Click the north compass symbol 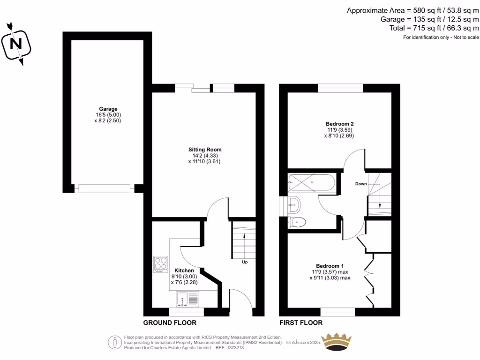17,43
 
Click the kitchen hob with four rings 160,264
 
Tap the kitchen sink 187,299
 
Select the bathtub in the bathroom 312,183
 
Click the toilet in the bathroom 297,222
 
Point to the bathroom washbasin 293,204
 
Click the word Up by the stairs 245,262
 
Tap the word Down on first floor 361,184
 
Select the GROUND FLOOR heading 170,322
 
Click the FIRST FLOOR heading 301,322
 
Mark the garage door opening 104,188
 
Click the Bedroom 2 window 340,88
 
